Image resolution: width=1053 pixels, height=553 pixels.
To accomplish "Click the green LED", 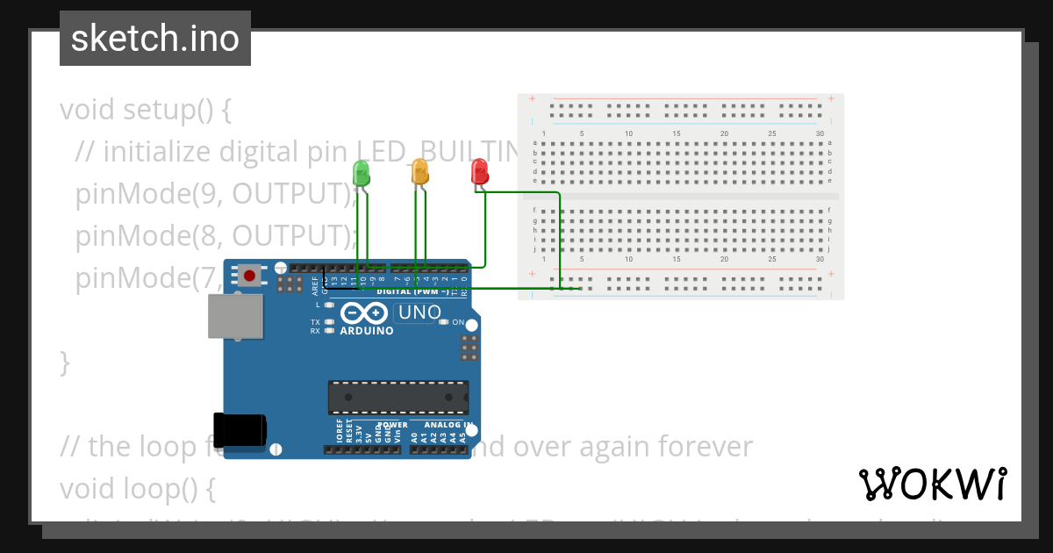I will point(361,172).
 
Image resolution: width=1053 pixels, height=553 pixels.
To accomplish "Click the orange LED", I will point(420,172).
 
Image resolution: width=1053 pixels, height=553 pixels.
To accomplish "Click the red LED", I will point(479,171).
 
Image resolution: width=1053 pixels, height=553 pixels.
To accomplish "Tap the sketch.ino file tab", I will point(155,39).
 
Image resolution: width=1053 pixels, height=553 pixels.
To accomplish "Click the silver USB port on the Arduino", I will point(235,316).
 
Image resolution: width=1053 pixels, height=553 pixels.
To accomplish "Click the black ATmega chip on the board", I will point(398,398).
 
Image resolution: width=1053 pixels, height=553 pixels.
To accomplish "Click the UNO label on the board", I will point(417,312).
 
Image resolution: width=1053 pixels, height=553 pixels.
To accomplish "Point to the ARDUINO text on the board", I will point(367,331).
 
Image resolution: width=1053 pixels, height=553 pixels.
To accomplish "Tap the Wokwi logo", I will point(932,484).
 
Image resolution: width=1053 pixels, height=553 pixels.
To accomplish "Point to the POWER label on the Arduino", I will point(392,425).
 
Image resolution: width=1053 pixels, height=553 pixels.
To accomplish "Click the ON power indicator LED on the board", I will point(445,322).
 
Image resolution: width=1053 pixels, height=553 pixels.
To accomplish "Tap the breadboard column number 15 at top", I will point(677,133).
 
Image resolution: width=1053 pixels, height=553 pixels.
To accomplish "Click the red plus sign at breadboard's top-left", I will point(533,98).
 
